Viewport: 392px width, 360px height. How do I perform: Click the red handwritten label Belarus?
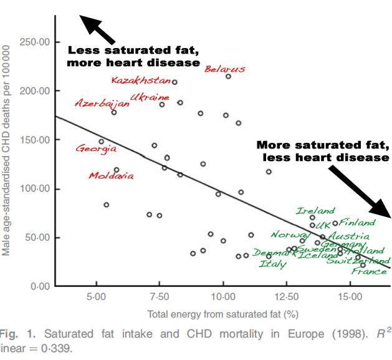pos(225,69)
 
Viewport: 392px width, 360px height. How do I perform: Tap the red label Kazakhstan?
pos(141,80)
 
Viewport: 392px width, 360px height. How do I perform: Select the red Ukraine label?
pos(150,98)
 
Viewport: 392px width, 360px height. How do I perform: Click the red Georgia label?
pos(96,148)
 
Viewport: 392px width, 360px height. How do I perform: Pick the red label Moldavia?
pos(111,175)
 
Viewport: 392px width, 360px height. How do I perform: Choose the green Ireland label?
pos(315,211)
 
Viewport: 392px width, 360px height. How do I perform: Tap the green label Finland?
pos(357,221)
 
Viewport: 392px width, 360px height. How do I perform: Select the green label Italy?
pos(273,265)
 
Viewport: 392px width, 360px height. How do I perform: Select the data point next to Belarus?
pos(228,76)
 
